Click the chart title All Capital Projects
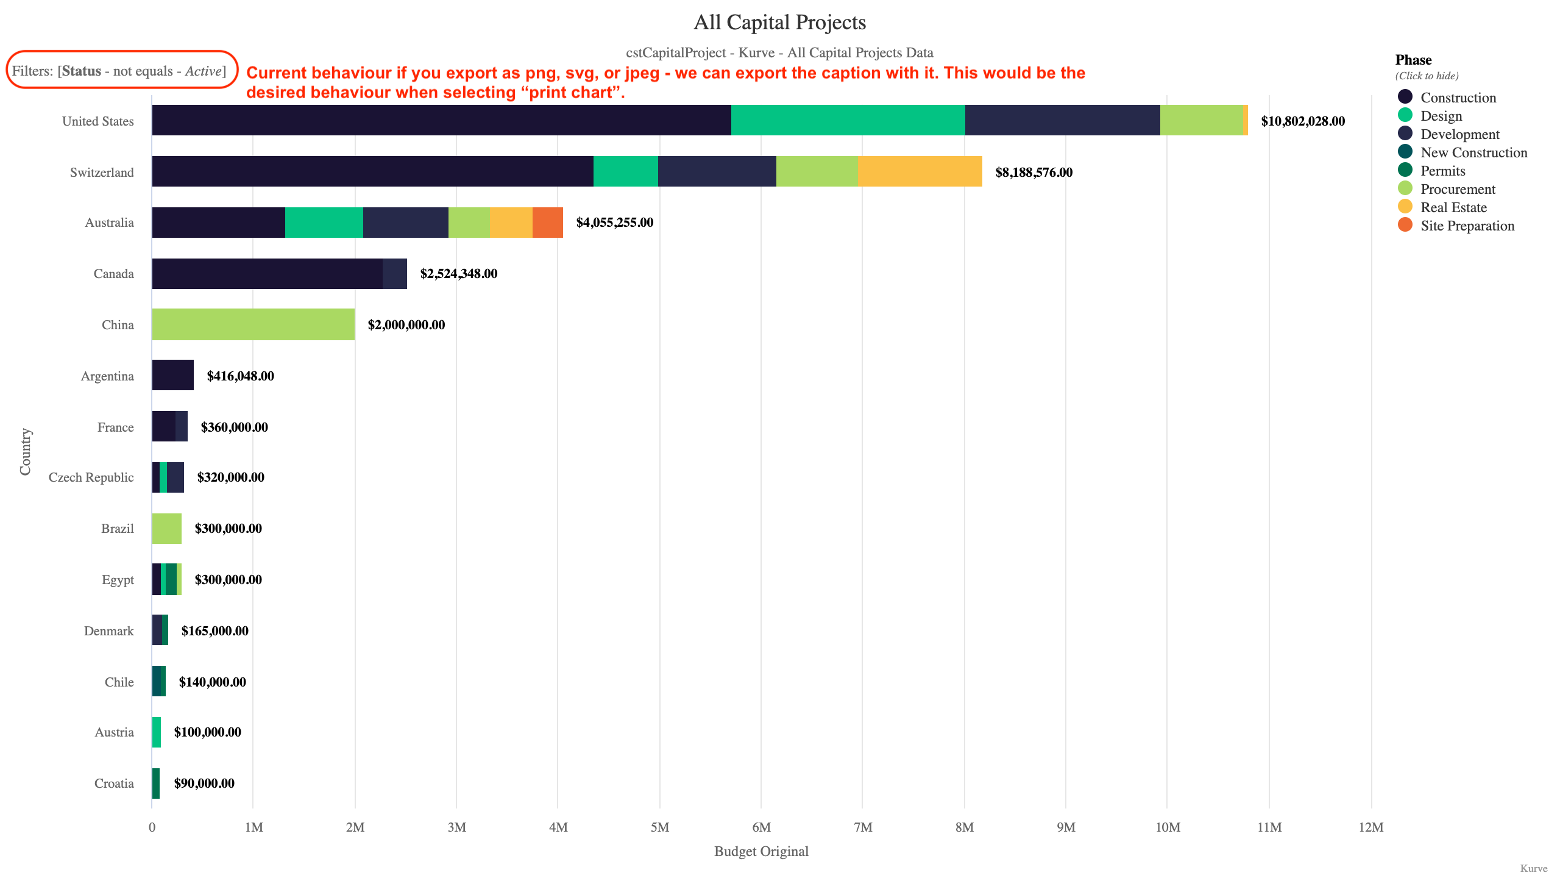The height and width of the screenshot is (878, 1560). tap(779, 23)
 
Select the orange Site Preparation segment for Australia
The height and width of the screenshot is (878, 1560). tap(547, 223)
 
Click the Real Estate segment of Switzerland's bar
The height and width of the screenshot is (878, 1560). tap(920, 171)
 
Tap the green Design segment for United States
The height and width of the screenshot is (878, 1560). tap(848, 120)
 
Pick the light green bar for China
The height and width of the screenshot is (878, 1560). tap(253, 324)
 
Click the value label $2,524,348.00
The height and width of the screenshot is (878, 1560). tap(458, 274)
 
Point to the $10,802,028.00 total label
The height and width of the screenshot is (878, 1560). tap(1302, 121)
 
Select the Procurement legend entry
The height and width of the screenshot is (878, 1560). tap(1457, 189)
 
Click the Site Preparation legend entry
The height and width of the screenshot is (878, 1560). tap(1467, 226)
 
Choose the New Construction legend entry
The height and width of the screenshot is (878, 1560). tap(1473, 152)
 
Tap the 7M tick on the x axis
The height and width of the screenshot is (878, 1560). tap(862, 827)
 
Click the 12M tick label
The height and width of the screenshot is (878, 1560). tap(1370, 827)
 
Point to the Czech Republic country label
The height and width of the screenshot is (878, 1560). tap(91, 477)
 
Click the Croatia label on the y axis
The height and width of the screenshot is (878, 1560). tap(114, 783)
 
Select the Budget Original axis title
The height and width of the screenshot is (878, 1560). tap(761, 851)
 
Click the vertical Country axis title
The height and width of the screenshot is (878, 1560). tap(25, 452)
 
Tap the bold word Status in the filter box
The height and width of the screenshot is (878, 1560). tap(82, 71)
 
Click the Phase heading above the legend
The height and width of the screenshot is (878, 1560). tap(1413, 60)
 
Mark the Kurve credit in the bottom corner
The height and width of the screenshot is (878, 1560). tap(1533, 868)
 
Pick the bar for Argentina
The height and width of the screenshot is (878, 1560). tap(172, 375)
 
